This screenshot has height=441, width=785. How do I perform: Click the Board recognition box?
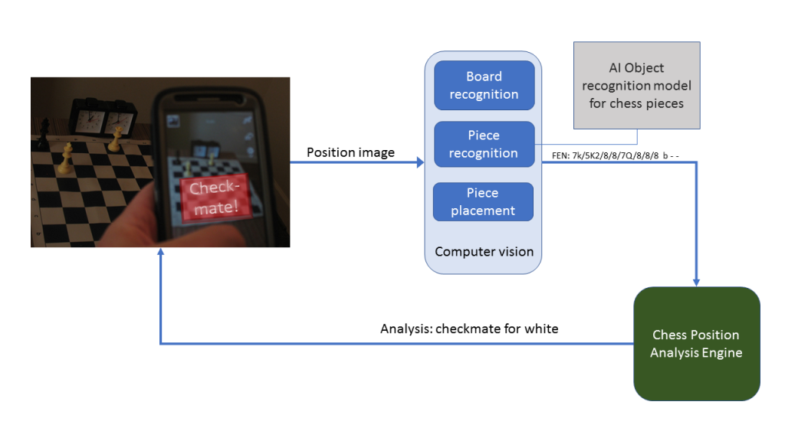tap(484, 85)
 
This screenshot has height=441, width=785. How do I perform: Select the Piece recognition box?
tap(484, 144)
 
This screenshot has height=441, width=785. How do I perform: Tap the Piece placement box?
tap(483, 201)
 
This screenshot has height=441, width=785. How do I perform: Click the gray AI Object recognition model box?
tap(636, 85)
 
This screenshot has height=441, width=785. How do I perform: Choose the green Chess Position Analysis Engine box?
tap(696, 344)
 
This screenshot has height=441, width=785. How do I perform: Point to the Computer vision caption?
tap(484, 251)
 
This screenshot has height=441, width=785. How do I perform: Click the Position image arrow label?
tap(350, 152)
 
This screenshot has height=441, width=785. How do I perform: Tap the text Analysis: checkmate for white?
tap(469, 328)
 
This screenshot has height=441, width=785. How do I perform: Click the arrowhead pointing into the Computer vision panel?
tap(419, 163)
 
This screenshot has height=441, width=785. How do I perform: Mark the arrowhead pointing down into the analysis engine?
tap(697, 281)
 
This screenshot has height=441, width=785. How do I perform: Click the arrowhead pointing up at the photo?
tap(159, 254)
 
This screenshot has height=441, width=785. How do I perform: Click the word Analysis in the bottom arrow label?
tap(403, 328)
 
